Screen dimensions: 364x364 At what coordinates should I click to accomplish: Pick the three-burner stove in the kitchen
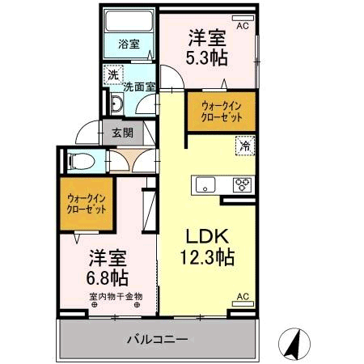tap(242, 184)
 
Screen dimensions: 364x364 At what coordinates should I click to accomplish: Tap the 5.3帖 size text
tap(207, 57)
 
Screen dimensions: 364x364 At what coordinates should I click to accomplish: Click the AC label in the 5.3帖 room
tap(242, 27)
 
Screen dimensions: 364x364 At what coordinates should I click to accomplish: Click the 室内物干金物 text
tap(116, 296)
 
